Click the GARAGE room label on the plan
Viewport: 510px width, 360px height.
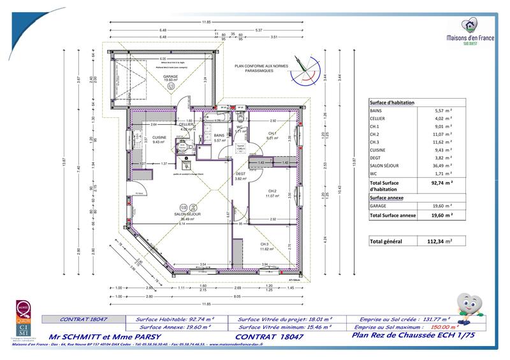pyautogui.click(x=170, y=76)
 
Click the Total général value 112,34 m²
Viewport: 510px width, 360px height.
pyautogui.click(x=439, y=241)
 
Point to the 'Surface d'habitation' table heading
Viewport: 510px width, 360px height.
pyautogui.click(x=392, y=102)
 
